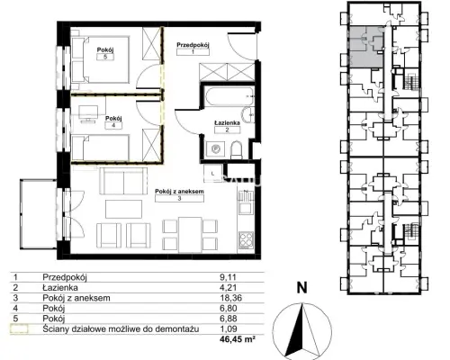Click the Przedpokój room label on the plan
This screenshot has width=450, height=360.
[193, 45]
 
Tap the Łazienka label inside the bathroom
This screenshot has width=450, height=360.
[227, 122]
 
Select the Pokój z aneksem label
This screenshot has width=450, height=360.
[179, 191]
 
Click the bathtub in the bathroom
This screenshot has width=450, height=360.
[229, 96]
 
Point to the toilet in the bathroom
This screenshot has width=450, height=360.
[237, 150]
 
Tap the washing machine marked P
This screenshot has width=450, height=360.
[215, 148]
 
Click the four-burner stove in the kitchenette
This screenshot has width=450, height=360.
[246, 239]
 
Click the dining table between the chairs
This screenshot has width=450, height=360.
[190, 235]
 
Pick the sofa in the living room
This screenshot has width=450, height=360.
[123, 181]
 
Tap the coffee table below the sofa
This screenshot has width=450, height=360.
[123, 209]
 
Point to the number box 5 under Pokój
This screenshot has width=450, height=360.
[105, 57]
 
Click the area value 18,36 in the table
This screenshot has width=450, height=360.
[230, 298]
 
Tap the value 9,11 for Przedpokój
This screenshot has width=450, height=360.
[228, 277]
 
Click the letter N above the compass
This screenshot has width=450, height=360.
[301, 288]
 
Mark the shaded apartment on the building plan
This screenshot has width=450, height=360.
[366, 47]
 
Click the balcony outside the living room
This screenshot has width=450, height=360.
[39, 214]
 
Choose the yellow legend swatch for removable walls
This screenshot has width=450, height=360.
[19, 329]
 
